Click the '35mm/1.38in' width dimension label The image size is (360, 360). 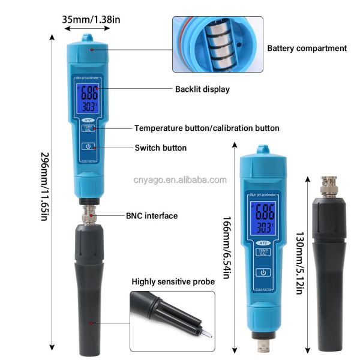91,19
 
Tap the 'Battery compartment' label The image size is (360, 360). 307,48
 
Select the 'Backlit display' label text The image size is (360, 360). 202,89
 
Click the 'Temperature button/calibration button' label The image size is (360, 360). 206,128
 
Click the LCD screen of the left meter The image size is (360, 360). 89,100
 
